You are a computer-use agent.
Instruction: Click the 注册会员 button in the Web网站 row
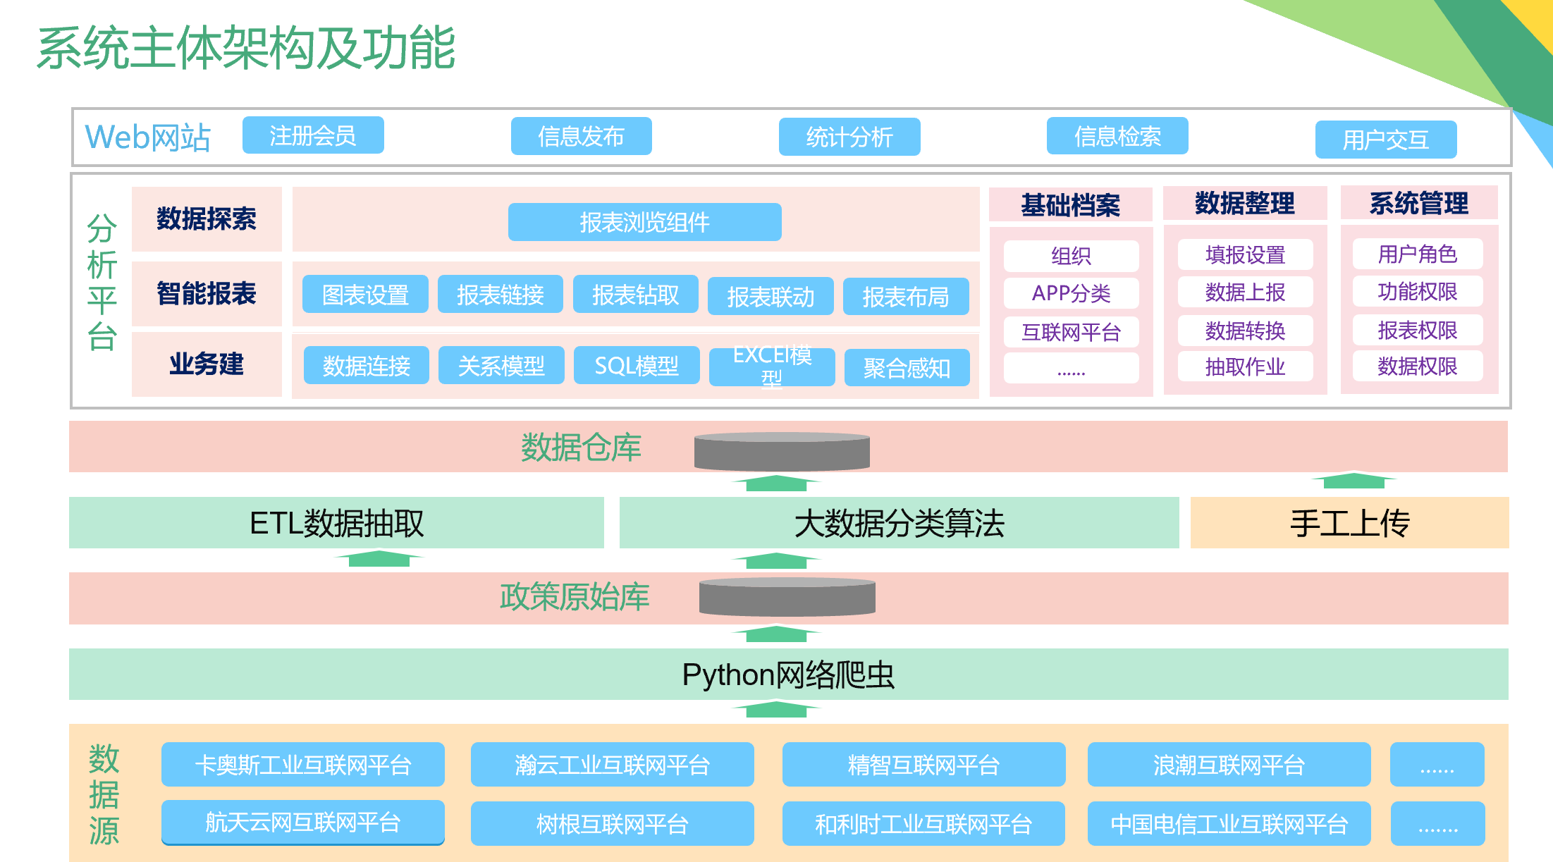pos(313,135)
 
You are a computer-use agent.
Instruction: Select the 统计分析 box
pos(849,136)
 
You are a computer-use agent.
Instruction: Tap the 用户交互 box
pos(1385,140)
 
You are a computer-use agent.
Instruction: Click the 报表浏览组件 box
pos(644,222)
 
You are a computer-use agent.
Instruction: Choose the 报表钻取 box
pos(635,295)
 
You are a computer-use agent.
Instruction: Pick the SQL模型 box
pos(636,365)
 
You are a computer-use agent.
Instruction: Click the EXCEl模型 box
pos(771,367)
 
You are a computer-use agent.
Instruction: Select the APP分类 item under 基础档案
pos(1071,293)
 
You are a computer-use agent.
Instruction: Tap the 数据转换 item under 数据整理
pos(1245,330)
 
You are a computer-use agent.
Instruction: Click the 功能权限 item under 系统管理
pos(1417,292)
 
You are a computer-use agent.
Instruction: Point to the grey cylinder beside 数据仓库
pos(781,452)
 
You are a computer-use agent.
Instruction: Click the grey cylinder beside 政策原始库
pos(787,596)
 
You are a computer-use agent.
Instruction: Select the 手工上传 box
pos(1349,523)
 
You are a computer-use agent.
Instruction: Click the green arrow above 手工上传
pos(1353,481)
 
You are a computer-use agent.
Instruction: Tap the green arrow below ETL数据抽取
pos(379,558)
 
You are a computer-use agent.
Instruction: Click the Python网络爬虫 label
pos(788,675)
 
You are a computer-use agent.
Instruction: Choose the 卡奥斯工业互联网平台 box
pos(302,765)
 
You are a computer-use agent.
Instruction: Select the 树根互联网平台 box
pos(612,823)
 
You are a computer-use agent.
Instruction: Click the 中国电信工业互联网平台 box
pos(1229,823)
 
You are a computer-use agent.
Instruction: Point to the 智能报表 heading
pos(207,293)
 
